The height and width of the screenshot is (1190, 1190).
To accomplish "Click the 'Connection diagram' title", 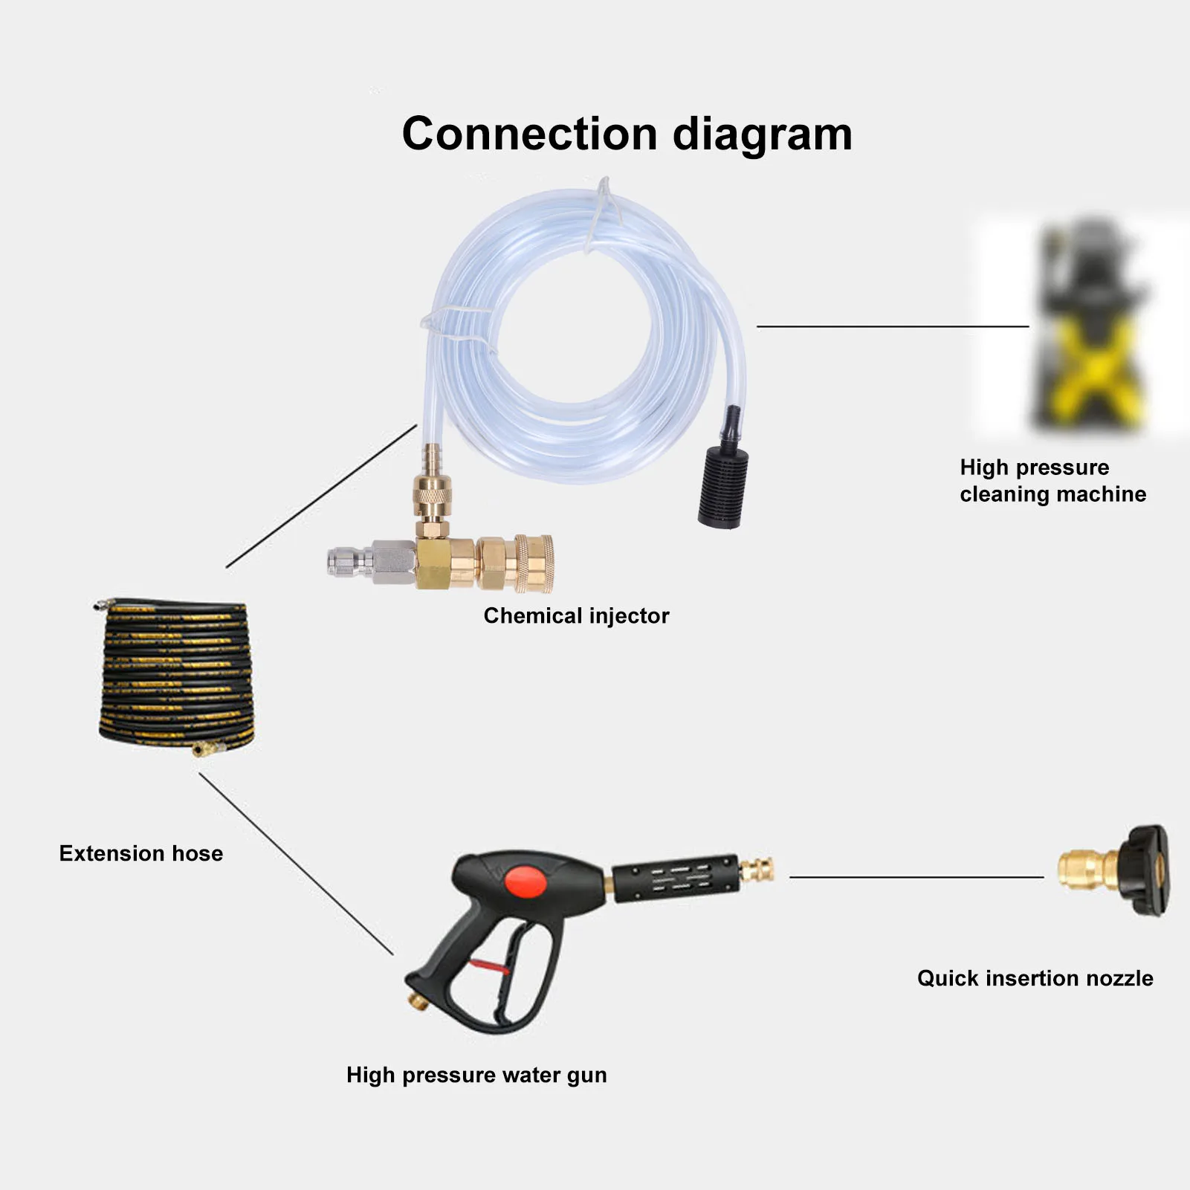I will click(627, 134).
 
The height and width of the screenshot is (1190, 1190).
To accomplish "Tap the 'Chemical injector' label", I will click(576, 615).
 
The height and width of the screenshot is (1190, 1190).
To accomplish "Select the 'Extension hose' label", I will click(140, 853).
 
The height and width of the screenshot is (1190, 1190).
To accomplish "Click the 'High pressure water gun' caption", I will click(476, 1075).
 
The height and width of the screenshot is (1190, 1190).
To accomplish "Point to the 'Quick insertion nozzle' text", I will click(1035, 977).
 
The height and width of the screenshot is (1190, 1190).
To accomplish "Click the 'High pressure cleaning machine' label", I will click(1052, 480).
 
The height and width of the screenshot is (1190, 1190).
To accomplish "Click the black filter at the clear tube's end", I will click(722, 488).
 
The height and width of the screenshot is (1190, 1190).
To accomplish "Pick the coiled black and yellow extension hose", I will click(176, 676).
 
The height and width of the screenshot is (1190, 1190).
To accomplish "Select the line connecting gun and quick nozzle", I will click(916, 877).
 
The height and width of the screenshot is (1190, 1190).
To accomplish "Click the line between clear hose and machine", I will click(892, 326).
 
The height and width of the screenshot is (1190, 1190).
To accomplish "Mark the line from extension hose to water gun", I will click(296, 864).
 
